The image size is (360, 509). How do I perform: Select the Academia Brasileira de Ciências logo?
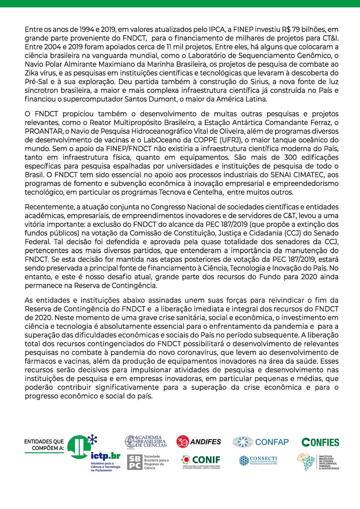tap(146, 441)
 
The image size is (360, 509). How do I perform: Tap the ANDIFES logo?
tap(199, 441)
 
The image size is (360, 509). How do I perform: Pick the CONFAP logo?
tap(260, 442)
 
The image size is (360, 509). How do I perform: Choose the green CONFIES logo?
tap(320, 442)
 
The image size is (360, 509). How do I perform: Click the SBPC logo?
tap(148, 462)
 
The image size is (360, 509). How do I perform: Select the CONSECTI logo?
tap(258, 461)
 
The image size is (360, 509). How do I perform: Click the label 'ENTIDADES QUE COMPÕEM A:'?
tap(44, 445)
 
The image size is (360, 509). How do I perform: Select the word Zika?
tap(32, 73)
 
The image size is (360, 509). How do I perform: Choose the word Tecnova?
tap(172, 192)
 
